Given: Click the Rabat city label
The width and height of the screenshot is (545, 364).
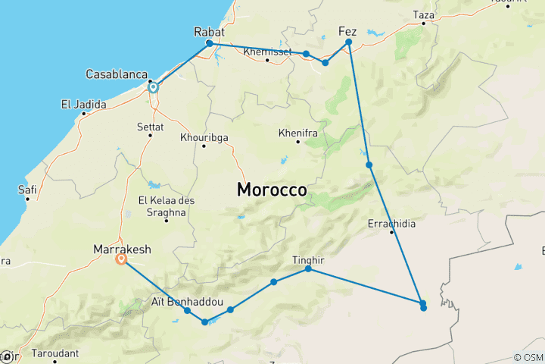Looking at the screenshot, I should [x=210, y=32].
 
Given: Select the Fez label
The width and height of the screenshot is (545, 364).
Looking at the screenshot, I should [x=347, y=32].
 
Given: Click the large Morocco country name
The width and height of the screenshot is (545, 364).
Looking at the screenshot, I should [x=272, y=190].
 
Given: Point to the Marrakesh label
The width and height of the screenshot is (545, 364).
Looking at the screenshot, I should [x=121, y=248].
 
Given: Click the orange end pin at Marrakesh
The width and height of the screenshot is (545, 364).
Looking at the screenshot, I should [x=121, y=259].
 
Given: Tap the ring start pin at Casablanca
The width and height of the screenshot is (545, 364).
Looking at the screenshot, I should [x=153, y=87].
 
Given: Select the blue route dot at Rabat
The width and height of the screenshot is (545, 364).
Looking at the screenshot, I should [x=210, y=43].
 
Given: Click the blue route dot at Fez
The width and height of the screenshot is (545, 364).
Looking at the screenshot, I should [x=349, y=42].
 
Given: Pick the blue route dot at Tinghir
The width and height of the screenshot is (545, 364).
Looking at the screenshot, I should [x=308, y=269].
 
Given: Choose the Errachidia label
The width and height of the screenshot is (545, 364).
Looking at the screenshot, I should [x=391, y=224].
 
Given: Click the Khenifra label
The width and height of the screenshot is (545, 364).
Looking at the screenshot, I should [x=297, y=133].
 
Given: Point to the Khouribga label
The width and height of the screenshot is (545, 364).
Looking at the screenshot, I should [x=204, y=137].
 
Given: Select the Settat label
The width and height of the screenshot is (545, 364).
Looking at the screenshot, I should [x=150, y=127].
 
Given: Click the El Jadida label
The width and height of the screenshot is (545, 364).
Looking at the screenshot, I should [x=83, y=104].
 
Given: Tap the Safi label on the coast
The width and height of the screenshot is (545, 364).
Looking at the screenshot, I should [x=27, y=191].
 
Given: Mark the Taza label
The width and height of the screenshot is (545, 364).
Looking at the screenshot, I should [x=424, y=14].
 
